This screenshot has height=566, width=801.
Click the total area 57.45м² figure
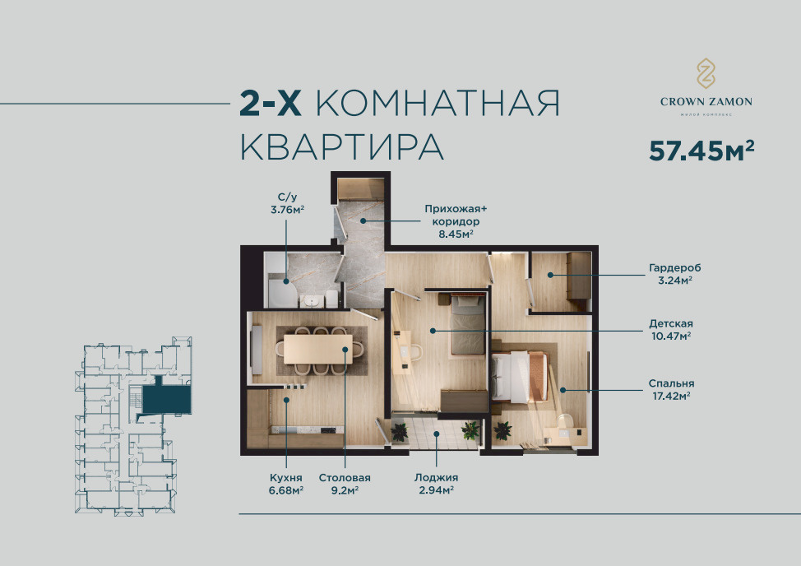click(x=701, y=151)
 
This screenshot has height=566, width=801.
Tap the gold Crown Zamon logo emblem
click(x=706, y=73)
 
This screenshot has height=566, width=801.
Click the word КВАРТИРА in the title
click(x=342, y=146)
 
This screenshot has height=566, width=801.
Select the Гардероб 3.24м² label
click(x=675, y=274)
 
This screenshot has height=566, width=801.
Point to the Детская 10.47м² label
click(x=671, y=330)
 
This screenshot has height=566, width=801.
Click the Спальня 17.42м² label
click(x=671, y=389)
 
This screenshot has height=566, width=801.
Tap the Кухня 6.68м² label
click(x=286, y=484)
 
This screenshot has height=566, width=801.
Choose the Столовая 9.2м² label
click(x=345, y=484)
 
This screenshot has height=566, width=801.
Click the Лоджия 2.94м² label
click(x=436, y=484)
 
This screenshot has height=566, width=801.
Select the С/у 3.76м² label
click(x=288, y=203)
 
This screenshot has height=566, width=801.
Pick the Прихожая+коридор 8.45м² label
click(x=456, y=221)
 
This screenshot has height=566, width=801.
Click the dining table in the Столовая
click(x=317, y=349)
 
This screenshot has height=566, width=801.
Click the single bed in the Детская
click(x=467, y=324)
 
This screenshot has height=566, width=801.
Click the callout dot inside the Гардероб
click(x=550, y=275)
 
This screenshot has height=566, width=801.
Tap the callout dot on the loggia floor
click(x=436, y=434)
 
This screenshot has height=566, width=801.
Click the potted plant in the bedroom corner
click(x=502, y=430)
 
